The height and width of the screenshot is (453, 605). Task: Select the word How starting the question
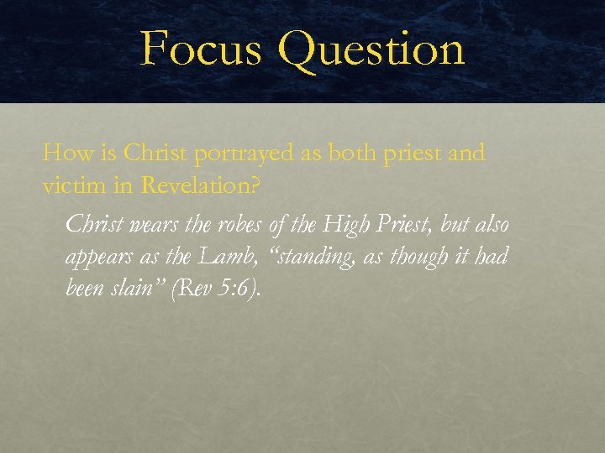coord(61,154)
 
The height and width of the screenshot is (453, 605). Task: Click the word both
coord(358,154)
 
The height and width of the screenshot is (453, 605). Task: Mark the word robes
coord(231,225)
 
